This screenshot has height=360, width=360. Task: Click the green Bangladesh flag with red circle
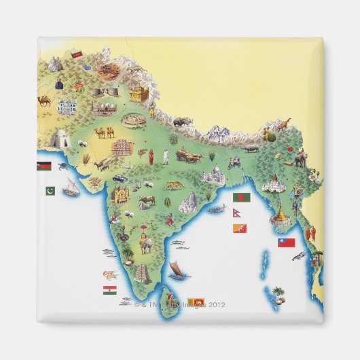point(241,197)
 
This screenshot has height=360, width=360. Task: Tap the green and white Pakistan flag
point(50,191)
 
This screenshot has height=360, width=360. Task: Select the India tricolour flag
point(109,290)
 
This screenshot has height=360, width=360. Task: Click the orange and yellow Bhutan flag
point(239,228)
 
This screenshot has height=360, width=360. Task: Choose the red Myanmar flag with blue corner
point(287,242)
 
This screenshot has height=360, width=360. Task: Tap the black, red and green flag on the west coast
point(43,166)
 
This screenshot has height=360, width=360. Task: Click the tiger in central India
point(174,185)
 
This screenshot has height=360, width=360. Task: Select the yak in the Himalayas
point(182,122)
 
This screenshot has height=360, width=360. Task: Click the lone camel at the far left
point(44,101)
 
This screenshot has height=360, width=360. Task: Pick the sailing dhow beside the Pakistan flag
point(71,187)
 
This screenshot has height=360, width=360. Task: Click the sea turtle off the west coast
point(62,164)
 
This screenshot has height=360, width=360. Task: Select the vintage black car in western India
point(120,178)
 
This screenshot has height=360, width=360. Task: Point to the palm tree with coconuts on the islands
point(278,293)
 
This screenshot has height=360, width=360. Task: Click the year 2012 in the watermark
point(216,304)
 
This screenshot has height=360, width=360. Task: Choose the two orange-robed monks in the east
point(312,234)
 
